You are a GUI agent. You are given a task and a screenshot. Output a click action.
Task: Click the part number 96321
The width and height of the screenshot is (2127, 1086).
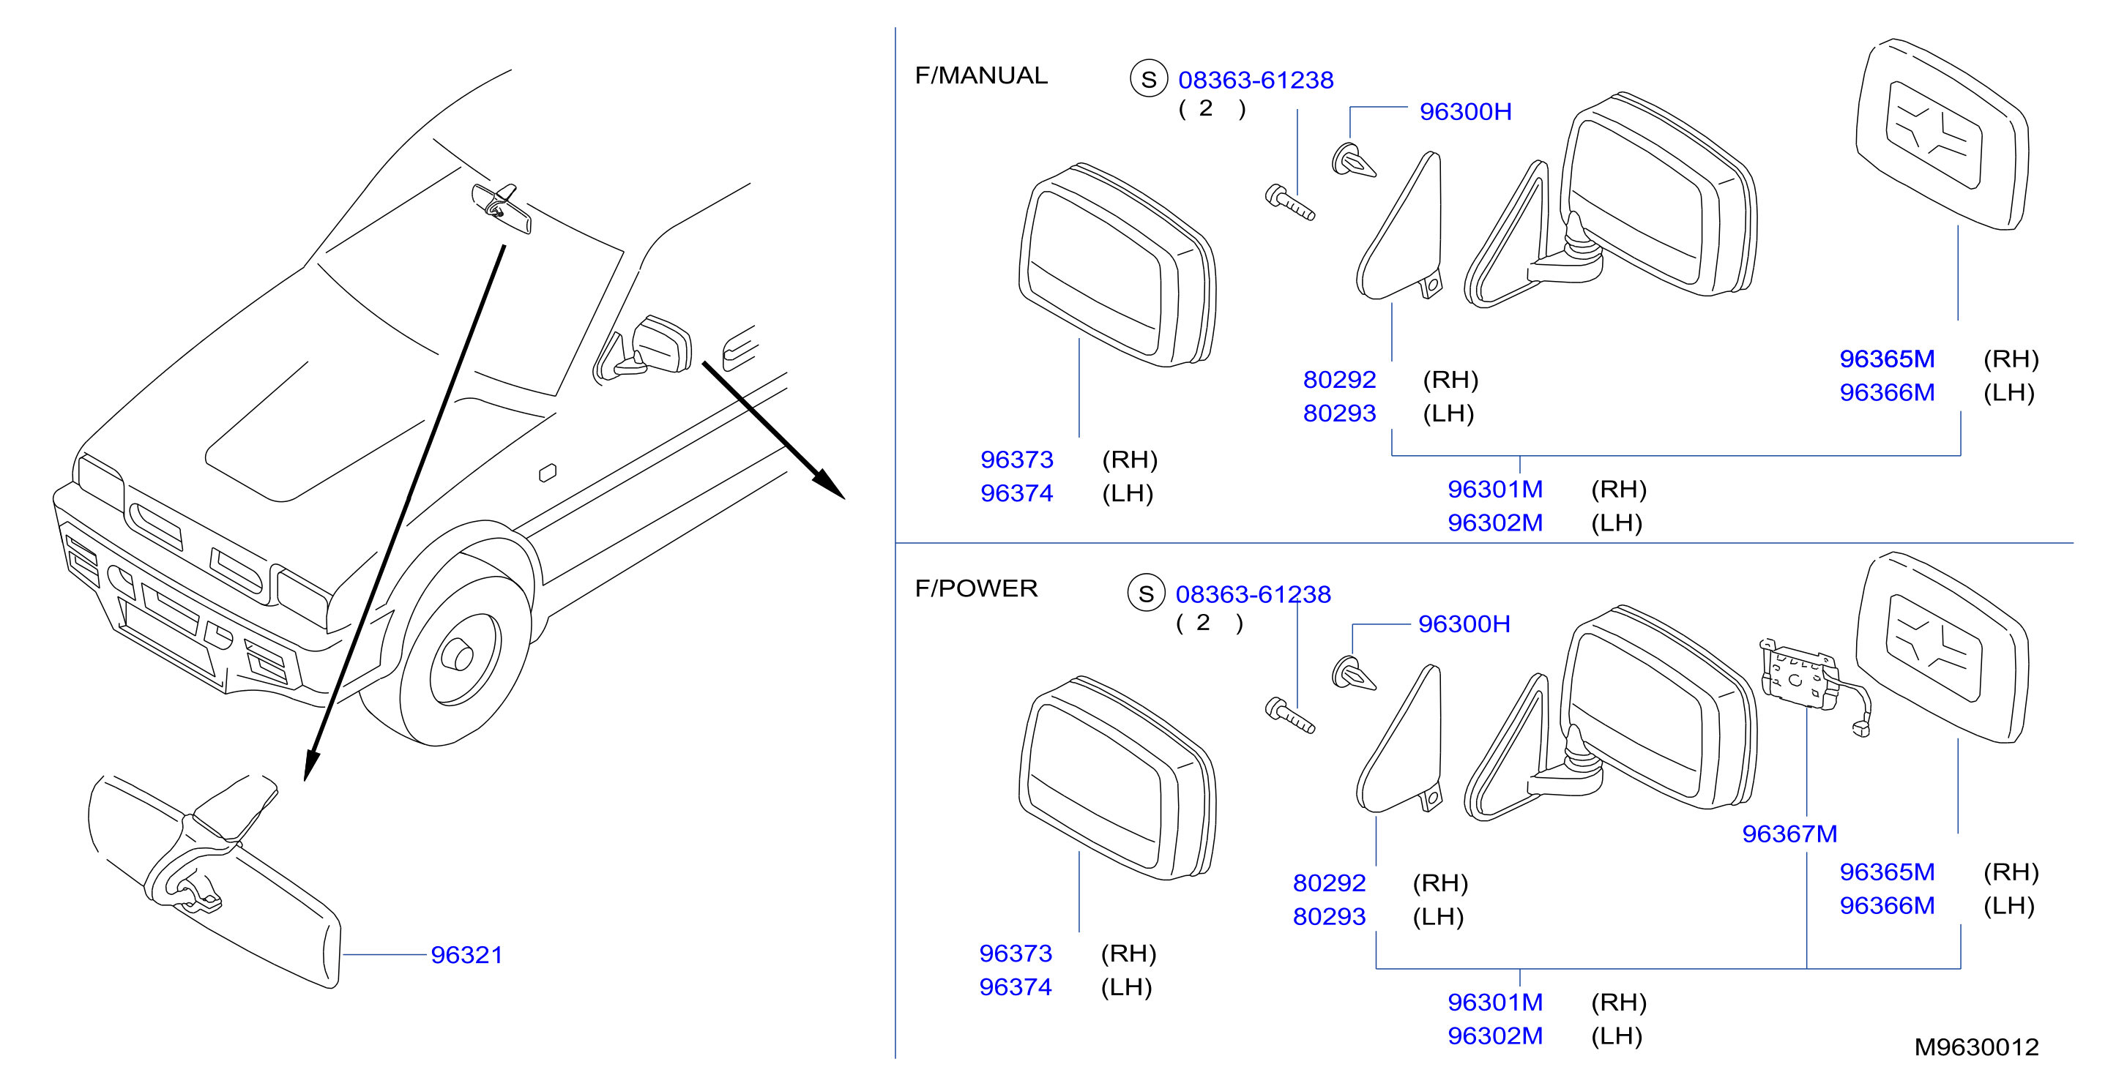[466, 955]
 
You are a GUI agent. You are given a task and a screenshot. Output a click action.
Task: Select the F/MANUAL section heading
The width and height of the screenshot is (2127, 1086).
[981, 75]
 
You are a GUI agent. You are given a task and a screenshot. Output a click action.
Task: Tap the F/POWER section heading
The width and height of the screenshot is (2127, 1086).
[976, 588]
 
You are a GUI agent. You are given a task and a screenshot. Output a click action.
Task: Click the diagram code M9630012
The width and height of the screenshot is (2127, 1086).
[1977, 1047]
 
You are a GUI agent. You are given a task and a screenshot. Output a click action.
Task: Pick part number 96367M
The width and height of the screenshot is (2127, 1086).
[1789, 834]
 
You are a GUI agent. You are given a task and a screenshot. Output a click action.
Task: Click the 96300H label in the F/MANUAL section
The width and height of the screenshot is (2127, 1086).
[1466, 111]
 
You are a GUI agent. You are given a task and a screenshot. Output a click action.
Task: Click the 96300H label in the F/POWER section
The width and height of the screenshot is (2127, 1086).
[1464, 624]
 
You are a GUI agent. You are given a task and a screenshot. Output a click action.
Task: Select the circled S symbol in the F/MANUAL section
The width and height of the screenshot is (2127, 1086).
[1149, 79]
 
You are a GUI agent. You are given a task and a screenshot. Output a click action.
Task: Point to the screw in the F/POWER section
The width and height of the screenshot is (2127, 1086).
[1289, 716]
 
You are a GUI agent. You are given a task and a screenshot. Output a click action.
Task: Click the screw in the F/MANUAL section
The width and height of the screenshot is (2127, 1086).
[1289, 202]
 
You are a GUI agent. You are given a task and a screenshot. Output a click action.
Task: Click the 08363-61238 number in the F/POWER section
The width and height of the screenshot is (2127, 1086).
[1254, 594]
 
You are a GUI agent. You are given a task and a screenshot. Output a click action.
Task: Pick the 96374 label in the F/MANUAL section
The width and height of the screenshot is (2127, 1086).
[1016, 493]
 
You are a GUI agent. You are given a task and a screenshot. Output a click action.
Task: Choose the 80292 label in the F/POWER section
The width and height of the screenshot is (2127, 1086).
[1330, 883]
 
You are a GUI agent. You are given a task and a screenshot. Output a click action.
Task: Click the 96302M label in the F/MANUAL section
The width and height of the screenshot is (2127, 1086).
[1495, 523]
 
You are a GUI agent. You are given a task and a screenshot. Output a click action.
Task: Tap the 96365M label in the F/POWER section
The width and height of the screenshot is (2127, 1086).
[1887, 872]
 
